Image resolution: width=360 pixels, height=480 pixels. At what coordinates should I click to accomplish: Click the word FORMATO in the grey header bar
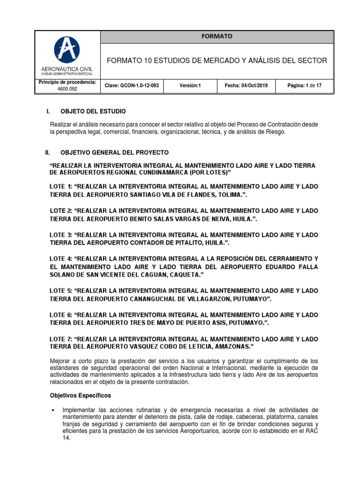click(x=217, y=36)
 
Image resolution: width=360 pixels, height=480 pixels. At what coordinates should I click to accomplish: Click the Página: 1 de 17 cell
click(x=304, y=86)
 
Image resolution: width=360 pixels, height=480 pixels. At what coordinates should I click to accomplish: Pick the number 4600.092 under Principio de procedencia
click(x=67, y=89)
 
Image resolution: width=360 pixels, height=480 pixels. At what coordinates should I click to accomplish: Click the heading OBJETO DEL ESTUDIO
click(x=93, y=111)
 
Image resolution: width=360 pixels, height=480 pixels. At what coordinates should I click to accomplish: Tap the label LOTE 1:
click(x=60, y=187)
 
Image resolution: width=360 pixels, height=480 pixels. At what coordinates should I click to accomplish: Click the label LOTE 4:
click(x=60, y=259)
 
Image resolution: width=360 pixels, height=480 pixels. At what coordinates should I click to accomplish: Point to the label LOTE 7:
click(x=60, y=338)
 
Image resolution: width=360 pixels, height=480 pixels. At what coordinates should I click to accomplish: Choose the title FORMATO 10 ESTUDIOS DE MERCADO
click(x=217, y=61)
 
